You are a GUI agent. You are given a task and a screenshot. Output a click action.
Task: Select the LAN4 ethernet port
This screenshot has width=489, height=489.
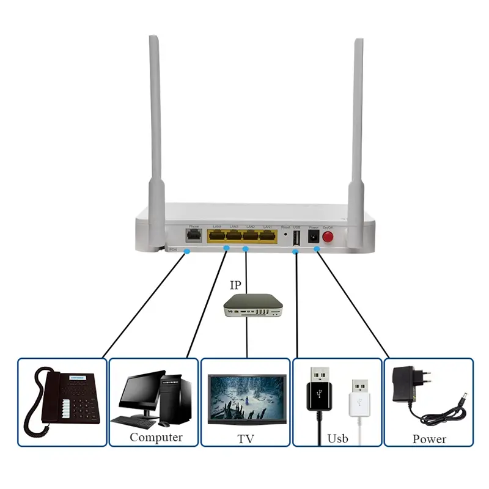[216, 236]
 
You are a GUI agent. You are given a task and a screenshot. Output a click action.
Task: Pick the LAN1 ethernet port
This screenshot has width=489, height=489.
[267, 236]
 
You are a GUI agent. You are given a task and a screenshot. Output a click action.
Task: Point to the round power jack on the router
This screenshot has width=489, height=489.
[314, 237]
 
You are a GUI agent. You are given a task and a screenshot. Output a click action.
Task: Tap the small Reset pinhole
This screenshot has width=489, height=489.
[285, 235]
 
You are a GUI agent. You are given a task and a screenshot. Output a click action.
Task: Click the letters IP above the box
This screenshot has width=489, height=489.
[236, 285]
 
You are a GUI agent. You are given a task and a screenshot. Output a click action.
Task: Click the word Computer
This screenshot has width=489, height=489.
[155, 438]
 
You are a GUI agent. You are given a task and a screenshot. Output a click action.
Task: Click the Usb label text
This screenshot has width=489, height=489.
[337, 438]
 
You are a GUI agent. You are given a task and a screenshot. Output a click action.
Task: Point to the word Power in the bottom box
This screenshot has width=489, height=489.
[428, 439]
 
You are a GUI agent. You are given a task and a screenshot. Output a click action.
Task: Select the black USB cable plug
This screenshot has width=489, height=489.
[318, 391]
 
